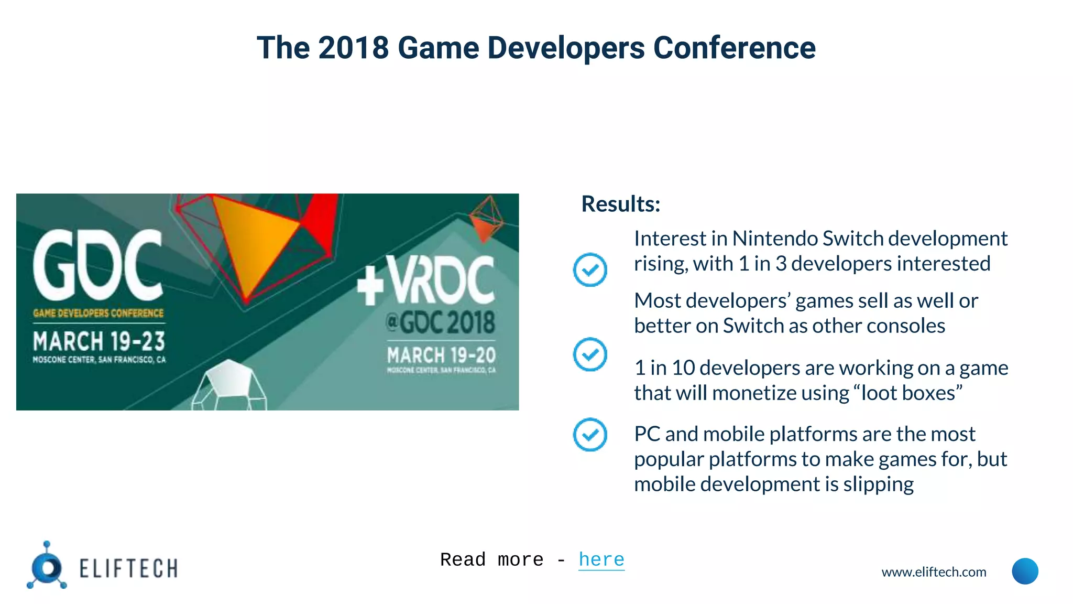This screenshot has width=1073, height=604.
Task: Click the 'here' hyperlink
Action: (601, 559)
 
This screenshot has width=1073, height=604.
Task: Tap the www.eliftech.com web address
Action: (934, 572)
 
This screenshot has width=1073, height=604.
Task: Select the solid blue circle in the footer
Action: (1025, 571)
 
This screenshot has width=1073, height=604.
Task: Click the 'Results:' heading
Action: (621, 204)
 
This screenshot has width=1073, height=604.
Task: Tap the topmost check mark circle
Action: (590, 270)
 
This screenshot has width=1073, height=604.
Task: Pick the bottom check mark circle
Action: (590, 435)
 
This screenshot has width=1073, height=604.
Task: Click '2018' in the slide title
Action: (353, 48)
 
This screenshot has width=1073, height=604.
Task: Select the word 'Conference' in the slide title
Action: (734, 48)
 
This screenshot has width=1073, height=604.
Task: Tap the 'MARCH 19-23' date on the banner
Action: (99, 341)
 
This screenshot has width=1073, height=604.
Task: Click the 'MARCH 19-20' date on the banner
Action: (441, 355)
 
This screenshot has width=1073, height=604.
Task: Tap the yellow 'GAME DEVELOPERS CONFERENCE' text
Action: (98, 314)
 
